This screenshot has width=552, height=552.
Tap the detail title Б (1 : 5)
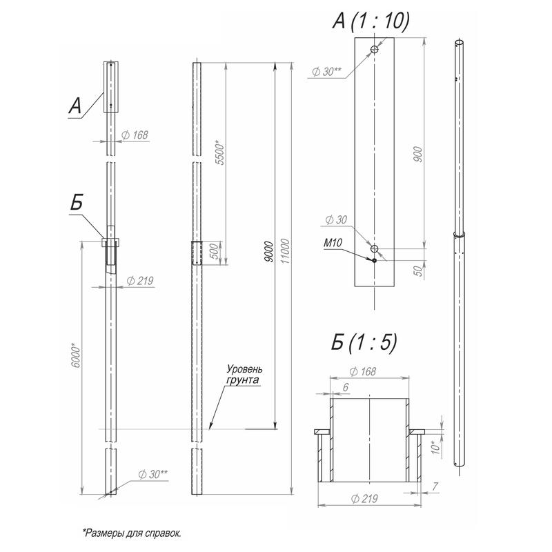[364, 342]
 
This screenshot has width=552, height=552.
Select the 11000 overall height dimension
[286, 251]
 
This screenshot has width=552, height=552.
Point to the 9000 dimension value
[269, 252]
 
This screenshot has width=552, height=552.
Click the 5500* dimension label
[219, 152]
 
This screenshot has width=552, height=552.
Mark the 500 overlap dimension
[214, 250]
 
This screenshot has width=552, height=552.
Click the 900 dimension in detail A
[417, 154]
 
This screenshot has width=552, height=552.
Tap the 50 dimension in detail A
[417, 270]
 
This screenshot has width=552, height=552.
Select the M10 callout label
[333, 243]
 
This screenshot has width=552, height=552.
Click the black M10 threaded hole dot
[374, 261]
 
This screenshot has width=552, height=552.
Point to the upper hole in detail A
[374, 49]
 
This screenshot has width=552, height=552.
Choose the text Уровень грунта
[244, 375]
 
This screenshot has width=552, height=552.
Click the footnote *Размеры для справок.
[132, 533]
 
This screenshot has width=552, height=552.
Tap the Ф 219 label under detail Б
[364, 498]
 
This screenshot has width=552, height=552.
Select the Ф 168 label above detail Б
[363, 371]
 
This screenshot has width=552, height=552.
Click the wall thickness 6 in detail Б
[346, 387]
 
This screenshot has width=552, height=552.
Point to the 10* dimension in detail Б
[436, 447]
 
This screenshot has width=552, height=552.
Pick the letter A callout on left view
[75, 106]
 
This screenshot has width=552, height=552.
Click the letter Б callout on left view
[77, 202]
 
